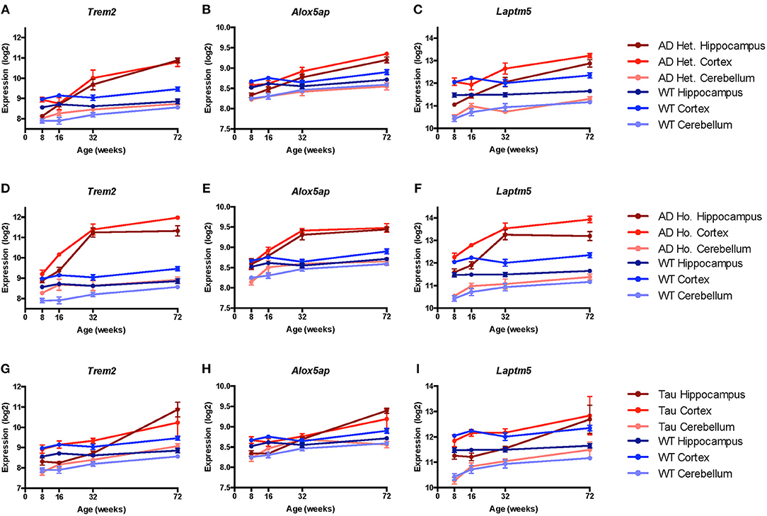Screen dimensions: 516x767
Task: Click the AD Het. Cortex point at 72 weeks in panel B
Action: point(386,54)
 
